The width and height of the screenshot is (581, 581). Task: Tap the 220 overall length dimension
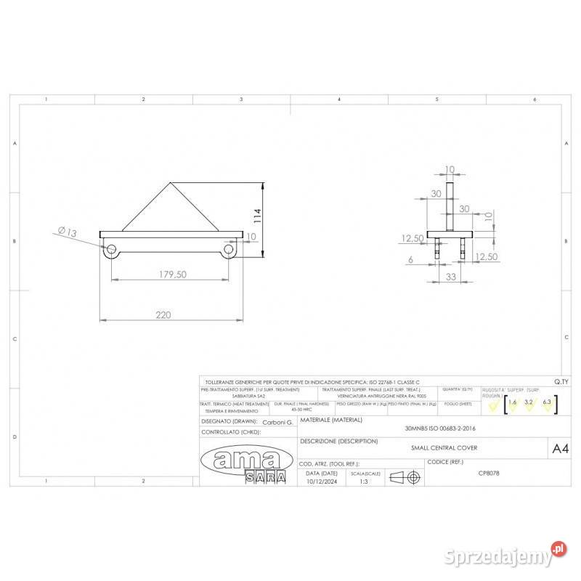pos(164,314)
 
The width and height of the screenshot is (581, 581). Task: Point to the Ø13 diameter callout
pos(68,232)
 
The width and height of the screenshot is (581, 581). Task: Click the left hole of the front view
pos(112,250)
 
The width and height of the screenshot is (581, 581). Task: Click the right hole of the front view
pos(229,250)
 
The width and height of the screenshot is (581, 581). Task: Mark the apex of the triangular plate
pos(170,182)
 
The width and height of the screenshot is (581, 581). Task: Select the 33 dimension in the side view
pos(450,277)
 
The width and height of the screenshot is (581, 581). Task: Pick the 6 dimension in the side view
pos(410,259)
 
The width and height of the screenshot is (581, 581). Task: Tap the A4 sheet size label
pos(561,449)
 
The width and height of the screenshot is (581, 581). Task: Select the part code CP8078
pos(489,472)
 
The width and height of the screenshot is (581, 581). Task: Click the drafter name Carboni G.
pos(277,421)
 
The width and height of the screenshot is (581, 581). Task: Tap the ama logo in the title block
pos(240,459)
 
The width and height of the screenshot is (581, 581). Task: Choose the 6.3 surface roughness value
pos(547,402)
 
